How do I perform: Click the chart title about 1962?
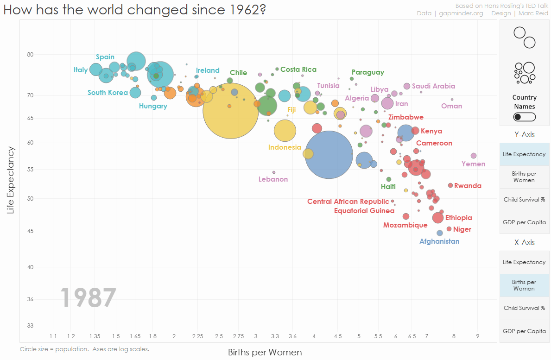(134, 10)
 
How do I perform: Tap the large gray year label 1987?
(88, 298)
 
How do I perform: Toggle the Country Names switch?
(524, 117)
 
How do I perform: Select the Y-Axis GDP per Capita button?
(524, 222)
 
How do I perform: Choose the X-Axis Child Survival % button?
(524, 308)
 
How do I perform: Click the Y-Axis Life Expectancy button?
(524, 154)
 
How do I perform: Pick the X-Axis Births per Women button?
(524, 285)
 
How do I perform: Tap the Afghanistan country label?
(439, 241)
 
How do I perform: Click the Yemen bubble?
(473, 156)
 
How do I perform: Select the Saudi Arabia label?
(433, 86)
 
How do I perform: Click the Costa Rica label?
(298, 69)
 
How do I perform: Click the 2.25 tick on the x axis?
(197, 336)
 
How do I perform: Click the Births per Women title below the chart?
(265, 353)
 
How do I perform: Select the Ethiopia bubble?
(438, 218)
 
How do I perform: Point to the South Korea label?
(108, 93)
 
